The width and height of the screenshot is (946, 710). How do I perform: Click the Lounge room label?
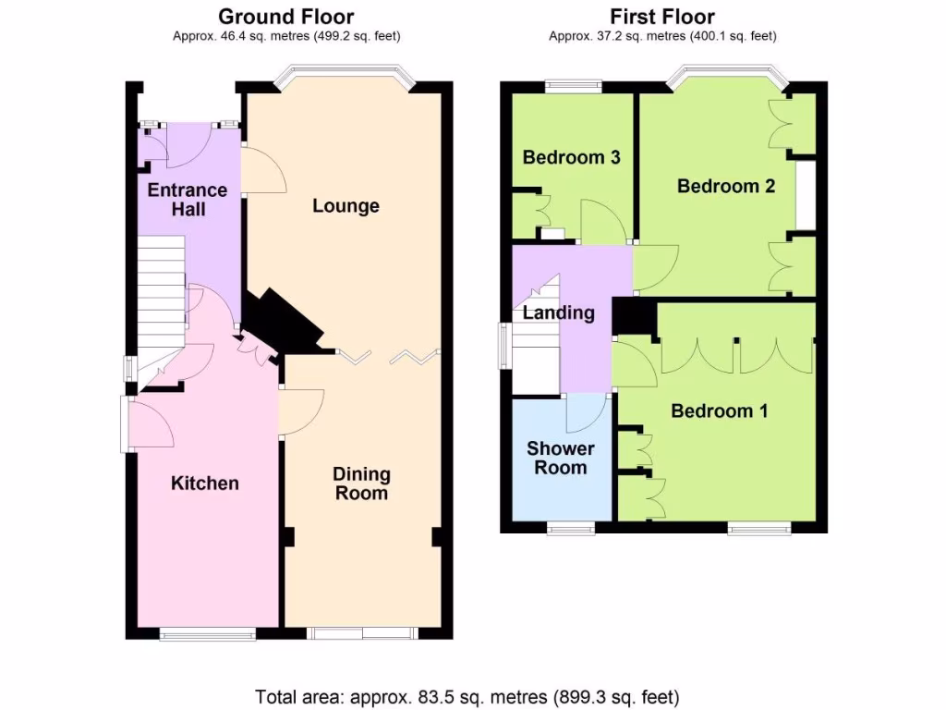(x=346, y=205)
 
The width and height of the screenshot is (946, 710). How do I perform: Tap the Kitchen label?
(x=205, y=483)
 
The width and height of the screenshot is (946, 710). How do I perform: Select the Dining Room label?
(x=361, y=484)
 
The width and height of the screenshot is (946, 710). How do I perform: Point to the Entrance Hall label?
(x=188, y=200)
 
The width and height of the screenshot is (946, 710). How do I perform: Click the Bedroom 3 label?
(x=571, y=157)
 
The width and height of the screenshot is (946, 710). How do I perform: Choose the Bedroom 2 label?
(x=725, y=186)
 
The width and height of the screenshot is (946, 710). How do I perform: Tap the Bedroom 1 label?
(x=719, y=410)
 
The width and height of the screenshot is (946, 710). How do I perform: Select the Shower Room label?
(x=560, y=458)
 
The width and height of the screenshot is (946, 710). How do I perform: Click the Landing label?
(x=558, y=313)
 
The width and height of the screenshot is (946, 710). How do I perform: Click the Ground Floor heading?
(x=285, y=17)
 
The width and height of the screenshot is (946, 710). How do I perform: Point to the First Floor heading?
(x=661, y=17)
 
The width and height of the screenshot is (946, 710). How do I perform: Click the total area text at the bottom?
(x=467, y=695)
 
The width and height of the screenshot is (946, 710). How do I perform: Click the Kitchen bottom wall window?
(x=207, y=634)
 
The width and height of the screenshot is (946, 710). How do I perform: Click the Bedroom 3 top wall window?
(x=573, y=87)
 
